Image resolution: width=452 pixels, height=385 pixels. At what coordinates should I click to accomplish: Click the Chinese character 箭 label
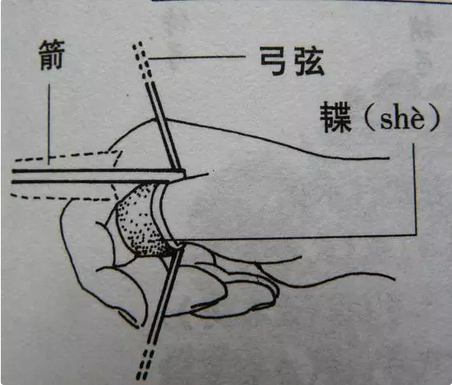[52, 55]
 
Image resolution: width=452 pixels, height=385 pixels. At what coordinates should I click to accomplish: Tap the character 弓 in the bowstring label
[272, 61]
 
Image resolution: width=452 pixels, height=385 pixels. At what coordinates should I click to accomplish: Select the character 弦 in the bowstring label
[308, 62]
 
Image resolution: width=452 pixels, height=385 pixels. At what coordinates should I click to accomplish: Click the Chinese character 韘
[336, 117]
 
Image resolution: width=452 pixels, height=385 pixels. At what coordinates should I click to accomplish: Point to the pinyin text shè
[402, 118]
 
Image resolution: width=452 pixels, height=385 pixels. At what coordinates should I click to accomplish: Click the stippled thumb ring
[140, 220]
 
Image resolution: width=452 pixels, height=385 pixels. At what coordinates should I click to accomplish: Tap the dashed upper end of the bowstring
[142, 61]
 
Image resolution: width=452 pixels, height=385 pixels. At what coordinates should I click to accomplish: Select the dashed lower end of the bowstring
[145, 361]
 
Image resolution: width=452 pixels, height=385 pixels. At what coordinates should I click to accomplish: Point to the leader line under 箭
[48, 125]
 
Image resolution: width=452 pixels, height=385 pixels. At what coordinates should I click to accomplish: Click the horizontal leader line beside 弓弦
[197, 58]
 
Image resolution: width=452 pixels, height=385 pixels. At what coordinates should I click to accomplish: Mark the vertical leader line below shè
[414, 189]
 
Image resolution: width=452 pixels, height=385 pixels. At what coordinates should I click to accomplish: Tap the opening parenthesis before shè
[370, 118]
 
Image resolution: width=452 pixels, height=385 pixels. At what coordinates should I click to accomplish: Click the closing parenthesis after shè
[435, 118]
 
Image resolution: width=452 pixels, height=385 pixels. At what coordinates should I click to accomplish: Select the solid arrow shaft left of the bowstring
[92, 176]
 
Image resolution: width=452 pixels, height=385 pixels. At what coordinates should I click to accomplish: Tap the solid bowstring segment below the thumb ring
[165, 295]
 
